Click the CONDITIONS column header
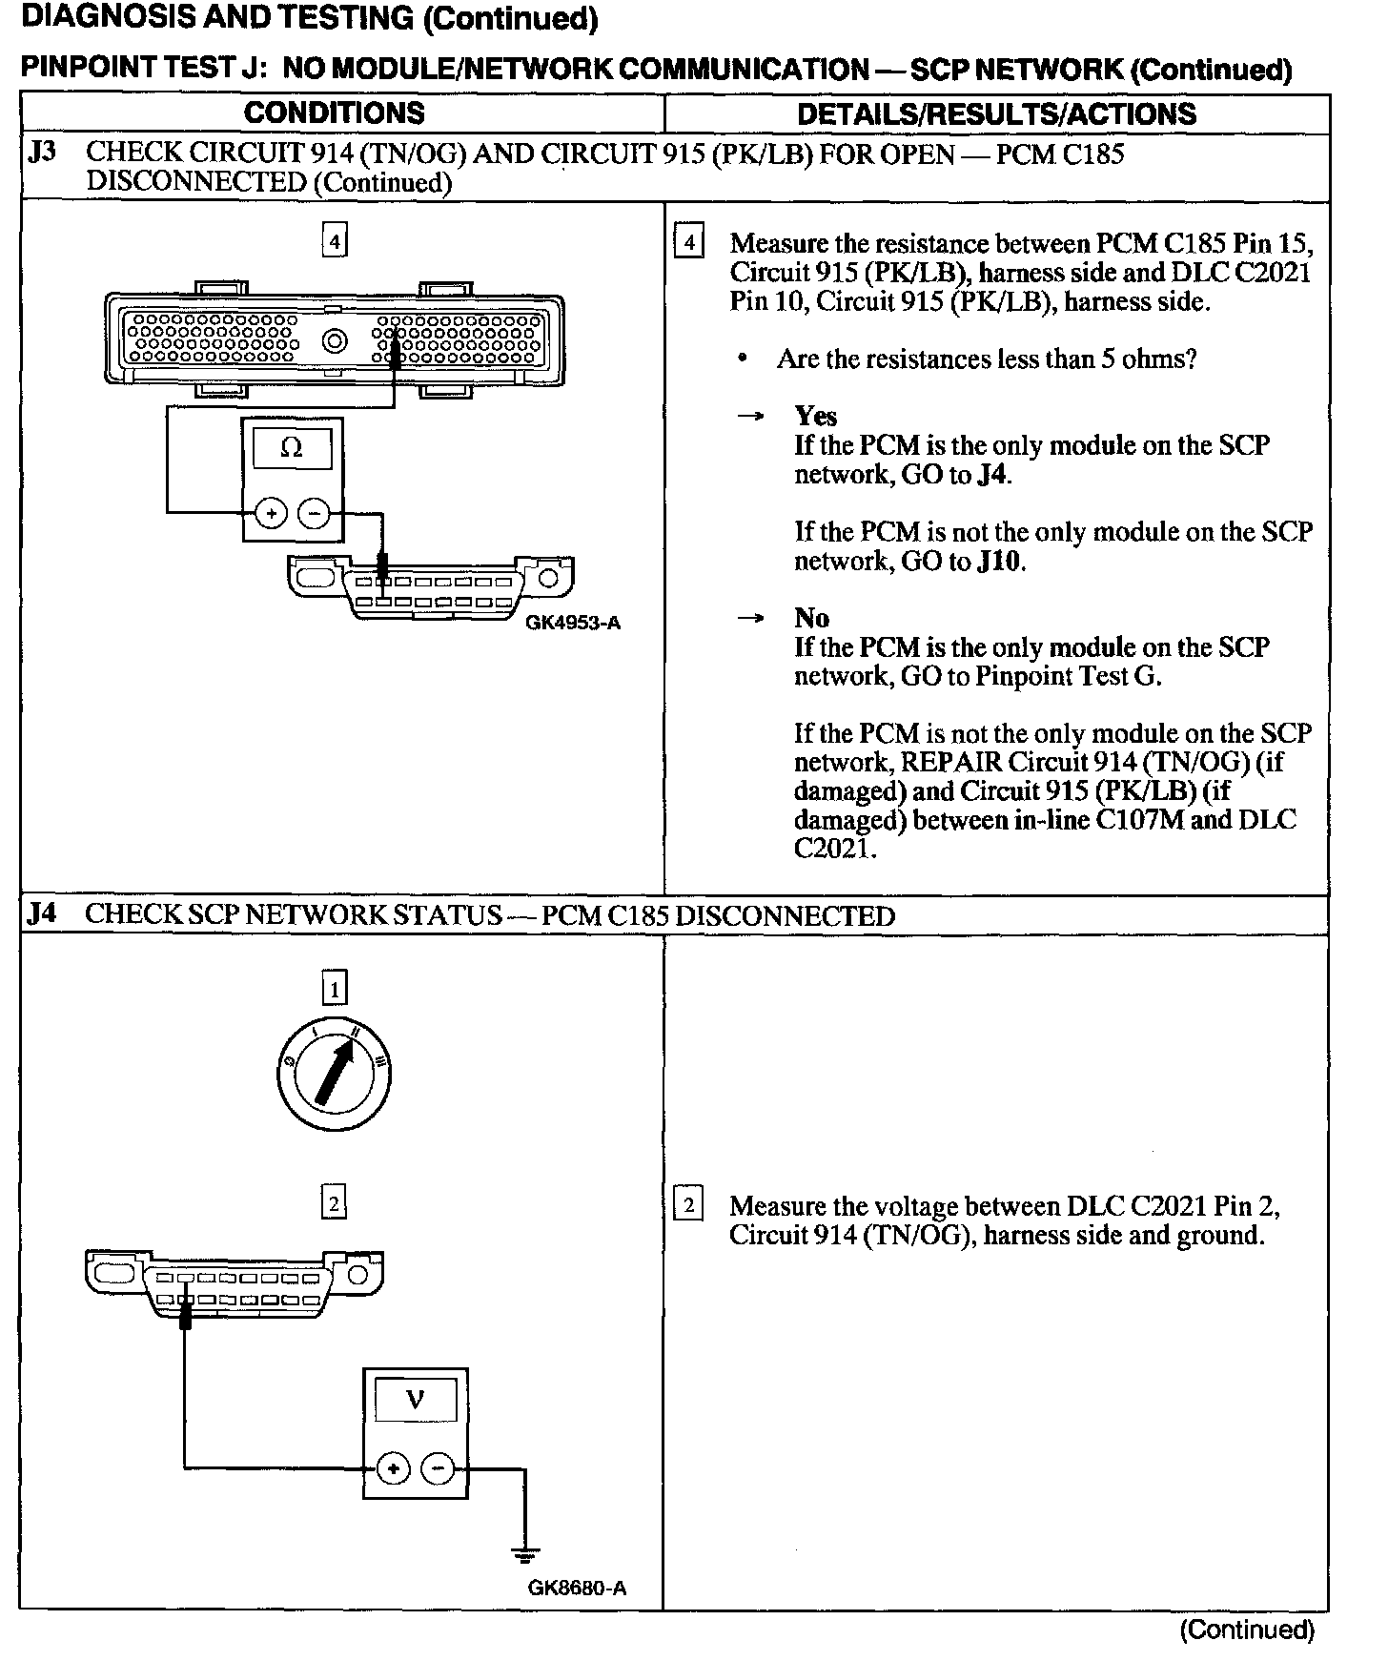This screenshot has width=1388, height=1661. coord(334,113)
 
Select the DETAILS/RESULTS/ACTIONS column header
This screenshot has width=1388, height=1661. coord(996,114)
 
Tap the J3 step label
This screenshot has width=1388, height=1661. coord(43,153)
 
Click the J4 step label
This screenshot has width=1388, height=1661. coord(42,914)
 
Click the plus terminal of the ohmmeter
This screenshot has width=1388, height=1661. coord(271,515)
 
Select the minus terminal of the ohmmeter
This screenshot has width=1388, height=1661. coord(316,515)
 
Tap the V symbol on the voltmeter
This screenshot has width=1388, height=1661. coord(415,1400)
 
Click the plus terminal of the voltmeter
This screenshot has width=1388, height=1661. coord(392,1469)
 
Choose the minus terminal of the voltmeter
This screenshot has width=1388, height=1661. coord(438,1469)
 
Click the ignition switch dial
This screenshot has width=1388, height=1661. coord(334,1076)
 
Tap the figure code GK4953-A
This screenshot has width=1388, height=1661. coord(572,624)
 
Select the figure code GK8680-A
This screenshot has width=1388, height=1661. coord(577,1589)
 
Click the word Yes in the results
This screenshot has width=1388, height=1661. coord(816,416)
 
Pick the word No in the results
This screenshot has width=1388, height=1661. coord(811,618)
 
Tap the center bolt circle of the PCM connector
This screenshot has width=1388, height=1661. coord(335,340)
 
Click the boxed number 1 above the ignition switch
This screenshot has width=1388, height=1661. coord(334,989)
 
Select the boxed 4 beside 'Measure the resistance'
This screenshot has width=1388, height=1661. coord(688,242)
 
